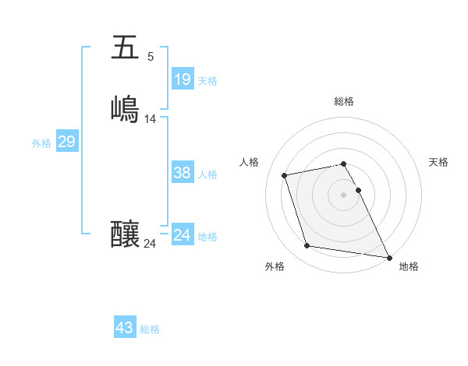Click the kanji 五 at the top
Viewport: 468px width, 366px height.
pos(126,48)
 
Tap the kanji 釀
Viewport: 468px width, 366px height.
pos(126,233)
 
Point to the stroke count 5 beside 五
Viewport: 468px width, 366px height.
pos(150,57)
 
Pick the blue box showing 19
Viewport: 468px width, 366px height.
pos(182,79)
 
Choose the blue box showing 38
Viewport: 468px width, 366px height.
pos(182,173)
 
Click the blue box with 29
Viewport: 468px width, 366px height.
pos(66,142)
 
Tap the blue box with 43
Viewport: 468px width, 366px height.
pos(124,328)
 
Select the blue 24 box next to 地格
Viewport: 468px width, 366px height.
pos(182,235)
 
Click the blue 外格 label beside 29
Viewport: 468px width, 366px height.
pos(41,143)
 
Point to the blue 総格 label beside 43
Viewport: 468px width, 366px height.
pos(150,329)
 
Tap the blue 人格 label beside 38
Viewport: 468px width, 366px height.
pos(208,174)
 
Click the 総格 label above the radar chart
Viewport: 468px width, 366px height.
pos(343,101)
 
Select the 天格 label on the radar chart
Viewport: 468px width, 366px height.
pos(438,162)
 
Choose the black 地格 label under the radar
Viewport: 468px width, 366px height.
pos(409,266)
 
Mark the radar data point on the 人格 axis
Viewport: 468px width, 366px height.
pos(285,174)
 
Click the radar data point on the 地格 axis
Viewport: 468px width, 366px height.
pos(389,256)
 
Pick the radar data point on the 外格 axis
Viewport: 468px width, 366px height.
pos(307,246)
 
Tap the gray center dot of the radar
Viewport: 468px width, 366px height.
pos(343,195)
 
